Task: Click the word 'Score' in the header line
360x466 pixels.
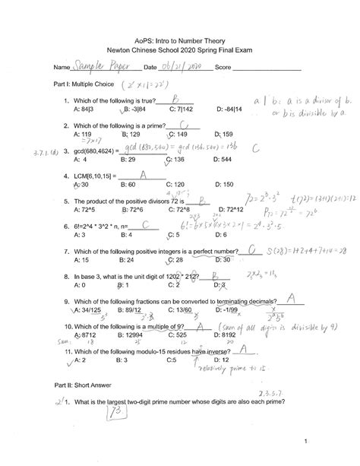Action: click(x=223, y=68)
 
